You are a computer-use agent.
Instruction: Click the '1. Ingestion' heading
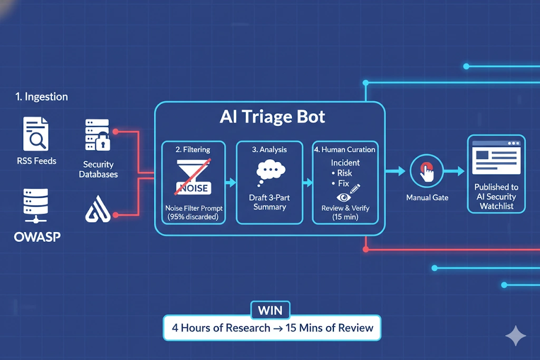coord(41,97)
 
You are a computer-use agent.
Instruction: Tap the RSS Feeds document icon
coord(35,134)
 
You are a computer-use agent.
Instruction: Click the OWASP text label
coord(37,237)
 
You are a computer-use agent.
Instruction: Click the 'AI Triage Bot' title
coord(272,117)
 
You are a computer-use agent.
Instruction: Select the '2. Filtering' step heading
coord(193,150)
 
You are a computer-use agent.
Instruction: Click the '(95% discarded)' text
coord(194,217)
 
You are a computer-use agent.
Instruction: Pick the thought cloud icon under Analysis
coord(269,174)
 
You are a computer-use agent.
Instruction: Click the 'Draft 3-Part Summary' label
coord(269,202)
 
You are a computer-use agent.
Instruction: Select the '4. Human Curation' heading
coord(345,150)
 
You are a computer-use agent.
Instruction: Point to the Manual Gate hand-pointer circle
coord(427,172)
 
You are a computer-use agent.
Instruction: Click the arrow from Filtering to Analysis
coord(230,183)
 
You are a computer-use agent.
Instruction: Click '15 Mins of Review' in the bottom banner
coord(329,328)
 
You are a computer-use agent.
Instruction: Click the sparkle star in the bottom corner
coord(515,336)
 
